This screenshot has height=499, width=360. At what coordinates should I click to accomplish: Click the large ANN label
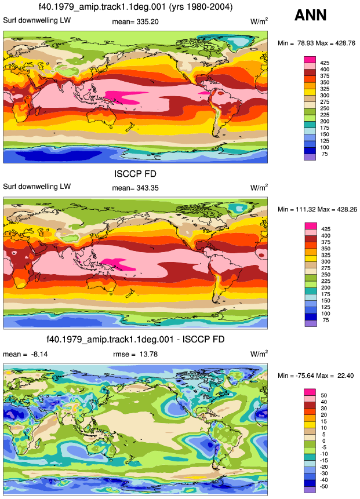(x=310, y=15)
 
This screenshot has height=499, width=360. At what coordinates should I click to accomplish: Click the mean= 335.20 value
(x=135, y=21)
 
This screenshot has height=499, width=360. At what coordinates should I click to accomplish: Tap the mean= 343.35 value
(x=135, y=188)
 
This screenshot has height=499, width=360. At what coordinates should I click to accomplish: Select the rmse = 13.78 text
(x=135, y=354)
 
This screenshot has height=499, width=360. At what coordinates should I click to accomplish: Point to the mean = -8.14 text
(x=26, y=354)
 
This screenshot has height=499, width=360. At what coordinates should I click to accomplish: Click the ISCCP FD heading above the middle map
(x=135, y=174)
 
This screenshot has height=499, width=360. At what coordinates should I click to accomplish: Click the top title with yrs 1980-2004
(x=136, y=7)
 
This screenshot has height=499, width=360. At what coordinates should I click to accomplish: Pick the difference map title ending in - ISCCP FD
(x=136, y=339)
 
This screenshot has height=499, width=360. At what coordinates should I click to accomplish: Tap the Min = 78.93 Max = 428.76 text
(x=317, y=43)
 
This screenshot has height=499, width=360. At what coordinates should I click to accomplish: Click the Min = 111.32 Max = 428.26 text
(x=317, y=209)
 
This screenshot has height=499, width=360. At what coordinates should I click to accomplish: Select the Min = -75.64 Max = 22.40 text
(x=316, y=376)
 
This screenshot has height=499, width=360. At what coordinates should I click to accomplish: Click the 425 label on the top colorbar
(x=325, y=63)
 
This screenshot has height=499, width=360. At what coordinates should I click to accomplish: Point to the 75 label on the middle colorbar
(x=326, y=320)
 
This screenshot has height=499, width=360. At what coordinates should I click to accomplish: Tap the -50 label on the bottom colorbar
(x=324, y=486)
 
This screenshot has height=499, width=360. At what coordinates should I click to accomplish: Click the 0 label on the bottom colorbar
(x=324, y=441)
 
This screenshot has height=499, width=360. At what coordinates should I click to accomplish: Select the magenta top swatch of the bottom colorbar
(x=310, y=392)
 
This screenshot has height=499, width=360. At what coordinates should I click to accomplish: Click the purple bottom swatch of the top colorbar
(x=310, y=157)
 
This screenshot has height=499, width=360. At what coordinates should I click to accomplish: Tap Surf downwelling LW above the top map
(x=37, y=20)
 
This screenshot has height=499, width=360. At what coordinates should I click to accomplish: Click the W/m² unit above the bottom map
(x=259, y=354)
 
